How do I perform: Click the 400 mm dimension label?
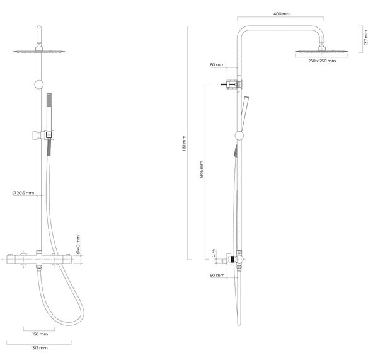point(282,14)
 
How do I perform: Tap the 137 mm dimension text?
point(366,37)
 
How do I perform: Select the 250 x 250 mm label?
point(322,61)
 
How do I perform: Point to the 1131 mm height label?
point(184,143)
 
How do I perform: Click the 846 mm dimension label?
point(202,170)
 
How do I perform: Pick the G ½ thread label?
point(214,253)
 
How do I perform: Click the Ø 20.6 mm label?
point(23,193)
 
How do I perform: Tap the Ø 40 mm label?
point(78,245)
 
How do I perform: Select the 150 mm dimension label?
point(40,334)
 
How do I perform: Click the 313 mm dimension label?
point(40,347)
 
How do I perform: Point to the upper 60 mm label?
point(217,65)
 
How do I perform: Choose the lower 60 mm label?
point(217,275)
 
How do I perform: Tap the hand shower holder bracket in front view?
point(43,135)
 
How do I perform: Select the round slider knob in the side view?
point(239,136)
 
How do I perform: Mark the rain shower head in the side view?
point(321,49)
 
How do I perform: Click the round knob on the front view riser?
point(39,84)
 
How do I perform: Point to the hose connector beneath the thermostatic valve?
point(39,267)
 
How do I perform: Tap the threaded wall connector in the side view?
point(229,259)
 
